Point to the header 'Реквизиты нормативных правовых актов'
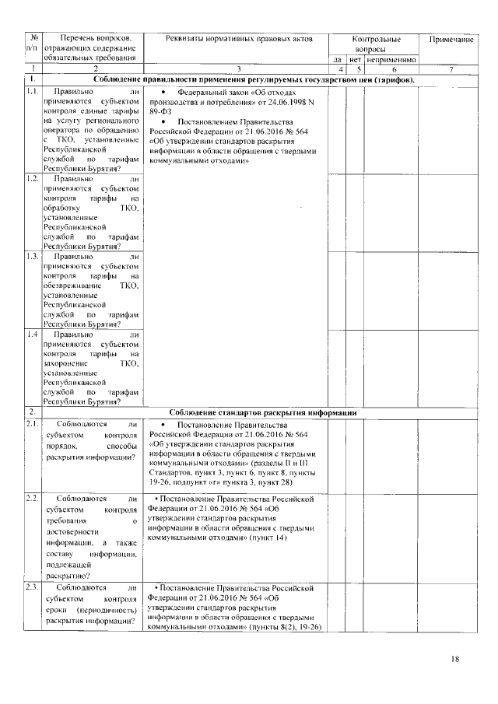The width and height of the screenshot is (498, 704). tap(237, 39)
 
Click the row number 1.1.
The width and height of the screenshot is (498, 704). tap(32, 92)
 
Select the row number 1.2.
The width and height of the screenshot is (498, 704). tap(32, 178)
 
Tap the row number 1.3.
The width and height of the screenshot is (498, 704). tap(32, 255)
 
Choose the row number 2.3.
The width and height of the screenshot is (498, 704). tap(32, 589)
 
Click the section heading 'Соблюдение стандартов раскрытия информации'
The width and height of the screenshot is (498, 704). tap(263, 412)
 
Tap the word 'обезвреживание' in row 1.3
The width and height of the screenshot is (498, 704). tap(72, 285)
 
